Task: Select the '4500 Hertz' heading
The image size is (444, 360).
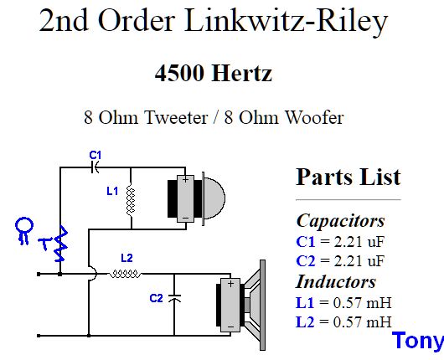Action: tap(213, 74)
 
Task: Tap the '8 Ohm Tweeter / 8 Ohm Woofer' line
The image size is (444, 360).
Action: tap(213, 116)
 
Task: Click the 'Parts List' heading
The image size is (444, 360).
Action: tap(348, 177)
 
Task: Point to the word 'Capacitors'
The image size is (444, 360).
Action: tap(340, 221)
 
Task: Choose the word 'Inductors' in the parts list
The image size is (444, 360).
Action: tap(336, 281)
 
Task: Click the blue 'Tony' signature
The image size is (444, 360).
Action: tap(417, 342)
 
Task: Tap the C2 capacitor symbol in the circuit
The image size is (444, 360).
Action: tap(174, 297)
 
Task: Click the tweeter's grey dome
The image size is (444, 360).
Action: tap(213, 196)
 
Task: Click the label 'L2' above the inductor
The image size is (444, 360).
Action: tap(126, 257)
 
